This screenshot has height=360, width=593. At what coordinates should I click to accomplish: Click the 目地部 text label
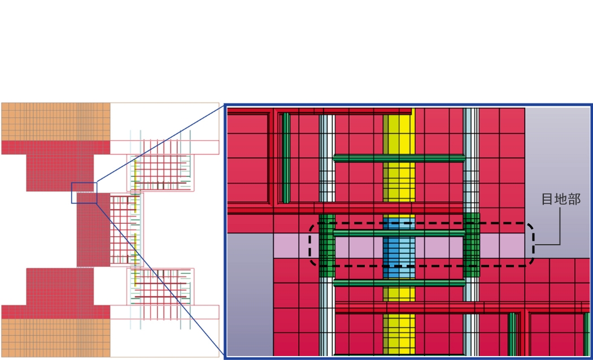tap(560, 199)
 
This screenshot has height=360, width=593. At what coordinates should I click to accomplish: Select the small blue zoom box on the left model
tap(84, 193)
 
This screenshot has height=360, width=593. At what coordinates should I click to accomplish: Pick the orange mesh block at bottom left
tap(55, 338)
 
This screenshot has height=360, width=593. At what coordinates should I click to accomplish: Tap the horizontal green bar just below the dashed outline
tap(399, 283)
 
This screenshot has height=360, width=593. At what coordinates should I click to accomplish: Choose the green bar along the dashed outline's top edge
tap(399, 232)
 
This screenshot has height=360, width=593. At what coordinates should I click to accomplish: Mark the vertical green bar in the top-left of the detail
tap(286, 158)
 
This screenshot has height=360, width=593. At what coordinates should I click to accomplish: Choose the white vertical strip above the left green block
tap(327, 164)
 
